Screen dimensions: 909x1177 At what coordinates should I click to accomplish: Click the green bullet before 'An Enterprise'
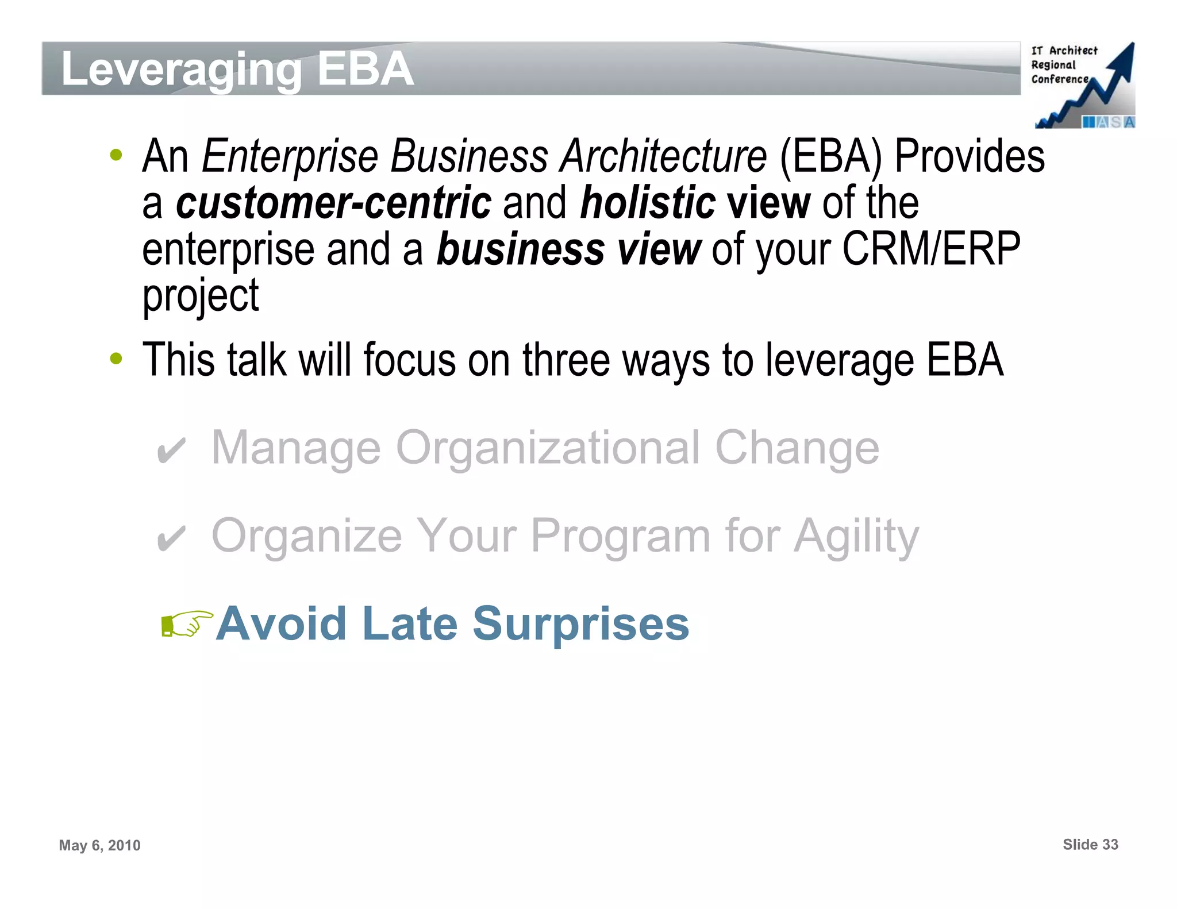pos(116,155)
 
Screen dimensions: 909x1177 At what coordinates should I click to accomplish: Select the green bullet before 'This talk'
pos(116,359)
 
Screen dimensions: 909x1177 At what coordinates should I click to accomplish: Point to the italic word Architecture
pos(664,156)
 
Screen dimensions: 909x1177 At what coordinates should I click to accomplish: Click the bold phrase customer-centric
pos(333,203)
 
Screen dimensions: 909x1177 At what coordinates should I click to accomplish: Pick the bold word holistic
pos(648,203)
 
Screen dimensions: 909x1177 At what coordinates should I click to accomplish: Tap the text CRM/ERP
pos(931,249)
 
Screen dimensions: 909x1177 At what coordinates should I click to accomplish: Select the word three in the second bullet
pos(566,360)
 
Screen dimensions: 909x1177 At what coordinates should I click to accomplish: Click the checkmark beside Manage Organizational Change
pos(171,450)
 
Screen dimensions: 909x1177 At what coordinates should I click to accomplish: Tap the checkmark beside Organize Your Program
pos(171,538)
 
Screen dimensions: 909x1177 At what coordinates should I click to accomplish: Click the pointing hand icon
pos(186,624)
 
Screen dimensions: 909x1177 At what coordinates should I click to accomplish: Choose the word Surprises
pos(580,624)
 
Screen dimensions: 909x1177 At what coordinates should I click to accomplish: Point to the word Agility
pos(856,537)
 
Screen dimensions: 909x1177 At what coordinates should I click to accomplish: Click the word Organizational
pos(548,448)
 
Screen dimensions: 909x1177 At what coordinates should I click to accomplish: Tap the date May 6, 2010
pos(99,845)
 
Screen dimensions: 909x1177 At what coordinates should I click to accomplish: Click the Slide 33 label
pos(1090,845)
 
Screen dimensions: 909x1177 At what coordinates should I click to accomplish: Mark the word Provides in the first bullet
pos(970,156)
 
